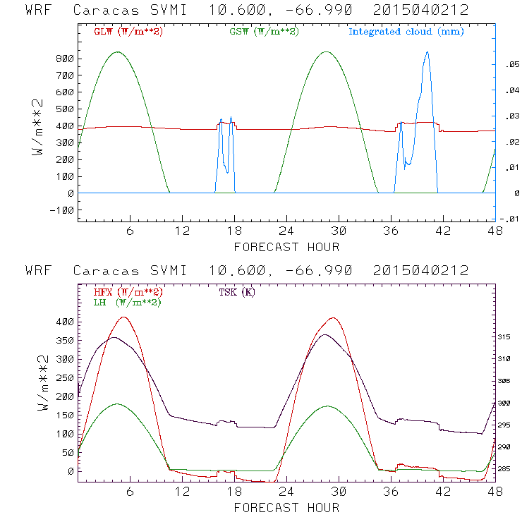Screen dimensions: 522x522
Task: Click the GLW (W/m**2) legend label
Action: tap(128, 32)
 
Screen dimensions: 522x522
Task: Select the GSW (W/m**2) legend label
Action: tap(263, 32)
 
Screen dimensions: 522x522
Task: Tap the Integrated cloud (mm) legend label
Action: tap(406, 32)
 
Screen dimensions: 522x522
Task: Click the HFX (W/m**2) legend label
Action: tap(128, 292)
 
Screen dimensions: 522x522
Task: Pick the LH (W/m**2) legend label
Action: tap(127, 302)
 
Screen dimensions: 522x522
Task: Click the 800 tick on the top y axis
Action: tap(64, 58)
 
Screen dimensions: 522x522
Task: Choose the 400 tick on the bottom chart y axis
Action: tap(64, 322)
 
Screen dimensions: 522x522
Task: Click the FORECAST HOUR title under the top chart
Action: tap(286, 247)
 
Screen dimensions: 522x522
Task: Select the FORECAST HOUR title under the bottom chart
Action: tap(286, 508)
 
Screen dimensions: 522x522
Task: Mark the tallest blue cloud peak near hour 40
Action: tap(427, 52)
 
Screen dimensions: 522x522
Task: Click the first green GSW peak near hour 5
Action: tap(117, 51)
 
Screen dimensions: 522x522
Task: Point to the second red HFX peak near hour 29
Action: tap(332, 317)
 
